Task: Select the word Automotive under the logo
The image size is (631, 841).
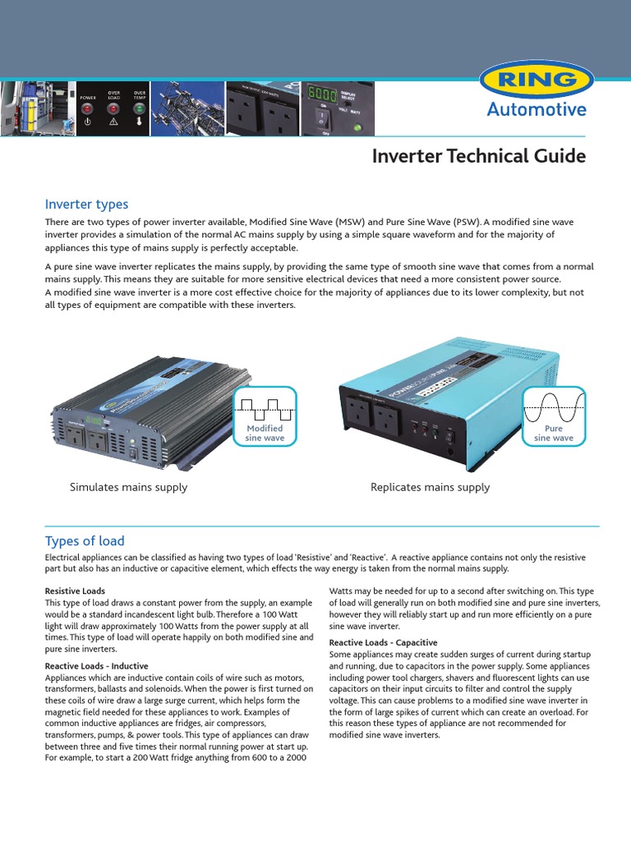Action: (537, 110)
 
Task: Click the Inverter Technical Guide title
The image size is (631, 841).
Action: (479, 156)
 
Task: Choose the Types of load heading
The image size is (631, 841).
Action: (84, 540)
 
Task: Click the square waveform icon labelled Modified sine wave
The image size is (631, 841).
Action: (265, 407)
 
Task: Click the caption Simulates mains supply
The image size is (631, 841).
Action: (128, 487)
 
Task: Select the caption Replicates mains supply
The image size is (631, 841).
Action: (430, 487)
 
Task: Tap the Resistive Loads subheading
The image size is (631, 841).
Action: (75, 591)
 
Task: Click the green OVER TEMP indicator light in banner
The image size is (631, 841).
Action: (140, 108)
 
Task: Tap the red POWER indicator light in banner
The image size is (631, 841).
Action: (88, 108)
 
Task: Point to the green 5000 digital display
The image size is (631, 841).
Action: (321, 94)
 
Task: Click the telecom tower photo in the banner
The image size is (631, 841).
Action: (188, 108)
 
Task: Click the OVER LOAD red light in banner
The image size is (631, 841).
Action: (113, 108)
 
